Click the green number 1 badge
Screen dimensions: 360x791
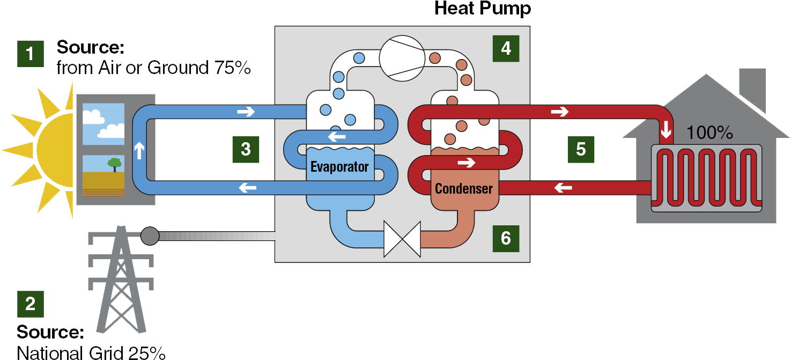(x=30, y=54)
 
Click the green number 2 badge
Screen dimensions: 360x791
(x=30, y=304)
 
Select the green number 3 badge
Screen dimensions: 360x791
(x=246, y=149)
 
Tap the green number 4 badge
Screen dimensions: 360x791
(x=506, y=49)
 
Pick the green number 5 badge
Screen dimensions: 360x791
(x=581, y=149)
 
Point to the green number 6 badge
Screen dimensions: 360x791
(x=506, y=238)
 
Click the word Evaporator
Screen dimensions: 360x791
(x=339, y=166)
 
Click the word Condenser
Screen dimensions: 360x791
(x=464, y=188)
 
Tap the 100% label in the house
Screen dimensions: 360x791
(x=709, y=133)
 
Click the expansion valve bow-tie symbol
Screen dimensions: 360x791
(x=402, y=240)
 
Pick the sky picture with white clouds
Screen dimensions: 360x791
(x=104, y=124)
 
